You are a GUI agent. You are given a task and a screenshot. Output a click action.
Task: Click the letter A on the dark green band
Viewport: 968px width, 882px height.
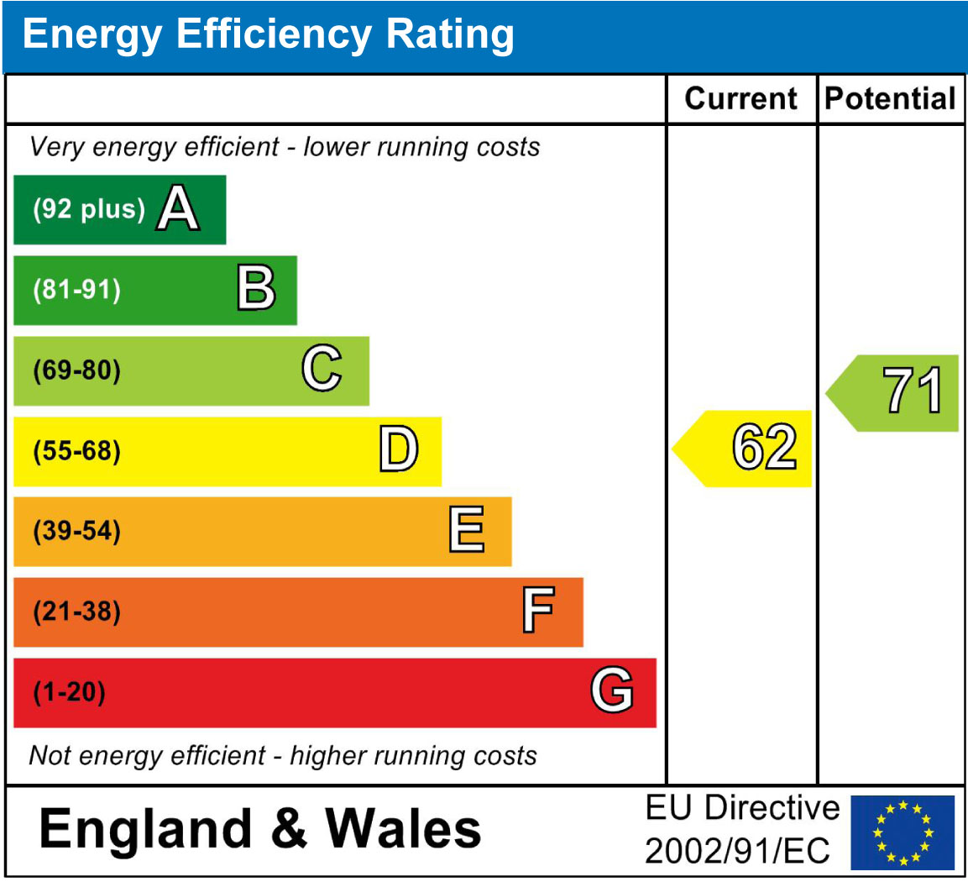pos(179,208)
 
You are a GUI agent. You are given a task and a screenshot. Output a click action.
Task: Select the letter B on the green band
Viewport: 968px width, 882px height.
pos(255,289)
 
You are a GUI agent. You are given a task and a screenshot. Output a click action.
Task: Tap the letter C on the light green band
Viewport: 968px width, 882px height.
pos(322,370)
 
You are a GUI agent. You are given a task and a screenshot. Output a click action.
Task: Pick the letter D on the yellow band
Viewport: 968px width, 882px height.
pos(398,450)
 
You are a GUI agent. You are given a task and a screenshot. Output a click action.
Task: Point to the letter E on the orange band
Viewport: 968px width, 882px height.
pos(467,531)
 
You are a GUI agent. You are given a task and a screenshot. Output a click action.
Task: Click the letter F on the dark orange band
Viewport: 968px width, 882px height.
pos(537,612)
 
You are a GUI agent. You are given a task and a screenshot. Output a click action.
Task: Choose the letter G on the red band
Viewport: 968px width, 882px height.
pos(611,691)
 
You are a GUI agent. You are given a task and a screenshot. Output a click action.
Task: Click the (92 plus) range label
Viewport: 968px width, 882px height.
pos(89,209)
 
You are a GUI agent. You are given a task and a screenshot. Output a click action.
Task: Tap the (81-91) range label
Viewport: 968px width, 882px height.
pos(76,290)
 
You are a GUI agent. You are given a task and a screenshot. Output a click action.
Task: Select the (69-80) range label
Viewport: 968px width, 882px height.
pos(76,370)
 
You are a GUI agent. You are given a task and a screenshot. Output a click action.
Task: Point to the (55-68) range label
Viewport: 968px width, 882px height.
pos(76,451)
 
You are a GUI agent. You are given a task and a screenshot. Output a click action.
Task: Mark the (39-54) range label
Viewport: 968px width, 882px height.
pos(76,532)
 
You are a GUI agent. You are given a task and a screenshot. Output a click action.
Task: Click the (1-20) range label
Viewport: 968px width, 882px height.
pos(69,693)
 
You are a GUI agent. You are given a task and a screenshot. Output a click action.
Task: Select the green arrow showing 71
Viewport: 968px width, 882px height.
pos(895,392)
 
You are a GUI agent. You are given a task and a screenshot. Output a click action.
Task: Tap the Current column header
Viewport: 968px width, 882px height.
pos(740,99)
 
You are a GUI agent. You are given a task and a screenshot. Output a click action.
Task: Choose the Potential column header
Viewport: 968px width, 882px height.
pos(890,99)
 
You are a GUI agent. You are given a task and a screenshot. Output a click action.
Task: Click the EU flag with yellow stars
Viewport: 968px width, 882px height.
pos(903,832)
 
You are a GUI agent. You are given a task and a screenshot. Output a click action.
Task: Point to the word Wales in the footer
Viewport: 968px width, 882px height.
pos(403,829)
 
